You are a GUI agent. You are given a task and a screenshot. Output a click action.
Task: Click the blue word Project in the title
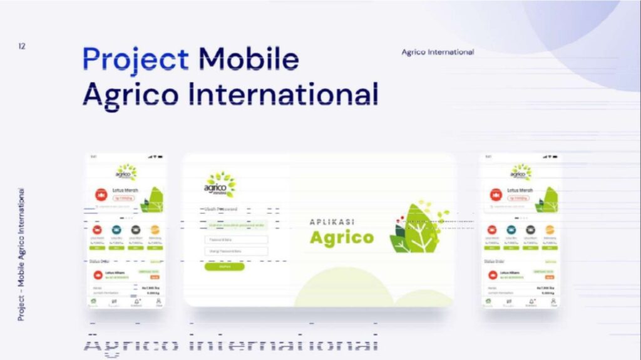pyautogui.click(x=135, y=59)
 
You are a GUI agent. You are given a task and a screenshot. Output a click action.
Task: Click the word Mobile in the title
pyautogui.click(x=249, y=59)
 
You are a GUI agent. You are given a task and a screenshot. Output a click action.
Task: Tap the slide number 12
pyautogui.click(x=22, y=46)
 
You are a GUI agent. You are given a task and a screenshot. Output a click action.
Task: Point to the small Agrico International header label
pyautogui.click(x=438, y=52)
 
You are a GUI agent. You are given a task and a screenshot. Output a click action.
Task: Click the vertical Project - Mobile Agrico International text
pyautogui.click(x=21, y=254)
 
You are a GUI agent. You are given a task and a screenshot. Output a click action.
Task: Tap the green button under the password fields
pyautogui.click(x=224, y=266)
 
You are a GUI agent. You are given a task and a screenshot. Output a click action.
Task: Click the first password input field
pyautogui.click(x=236, y=240)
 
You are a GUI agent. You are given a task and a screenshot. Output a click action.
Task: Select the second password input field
pyautogui.click(x=236, y=252)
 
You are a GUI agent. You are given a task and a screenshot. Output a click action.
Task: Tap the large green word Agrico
pyautogui.click(x=341, y=238)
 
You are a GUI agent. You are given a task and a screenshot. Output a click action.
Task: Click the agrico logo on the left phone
pyautogui.click(x=126, y=172)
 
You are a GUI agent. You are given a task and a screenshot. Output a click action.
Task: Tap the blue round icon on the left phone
pyautogui.click(x=116, y=230)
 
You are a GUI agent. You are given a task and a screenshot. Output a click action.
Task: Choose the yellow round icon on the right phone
pyautogui.click(x=550, y=230)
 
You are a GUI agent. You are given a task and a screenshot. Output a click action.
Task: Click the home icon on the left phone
pyautogui.click(x=94, y=302)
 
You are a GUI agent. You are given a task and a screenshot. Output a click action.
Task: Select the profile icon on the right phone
pyautogui.click(x=553, y=301)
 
